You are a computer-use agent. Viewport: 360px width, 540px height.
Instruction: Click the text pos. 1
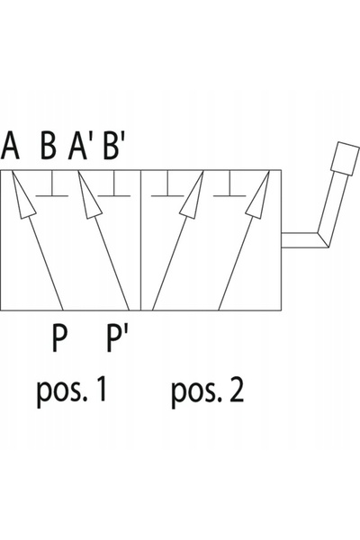[x=71, y=391]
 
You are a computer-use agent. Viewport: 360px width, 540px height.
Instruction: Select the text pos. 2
[x=208, y=391]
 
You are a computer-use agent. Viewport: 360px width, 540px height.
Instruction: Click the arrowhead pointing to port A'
[x=88, y=196]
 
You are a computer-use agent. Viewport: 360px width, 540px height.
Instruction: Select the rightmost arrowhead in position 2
[x=258, y=196]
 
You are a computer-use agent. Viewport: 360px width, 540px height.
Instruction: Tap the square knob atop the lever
[x=345, y=158]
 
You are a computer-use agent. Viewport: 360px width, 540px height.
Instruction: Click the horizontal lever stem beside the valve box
[x=301, y=240]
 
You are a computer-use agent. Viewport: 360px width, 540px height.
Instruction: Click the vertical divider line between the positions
[x=141, y=240]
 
